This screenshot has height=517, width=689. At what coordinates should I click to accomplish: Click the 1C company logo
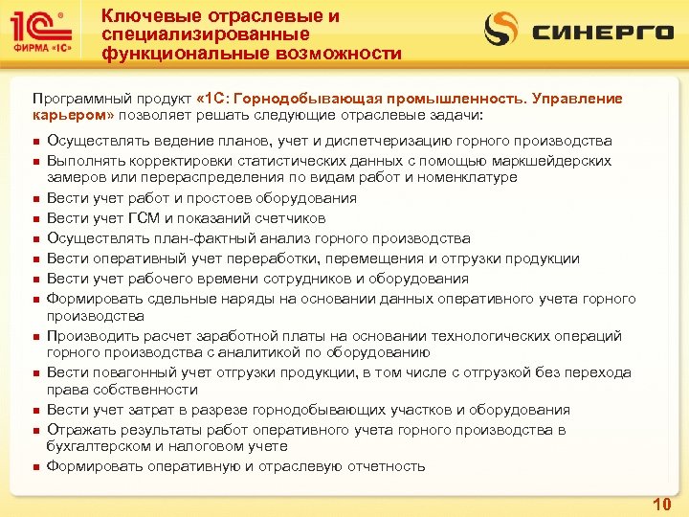point(43,29)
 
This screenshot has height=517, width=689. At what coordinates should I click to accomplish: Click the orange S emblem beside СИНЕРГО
point(500,30)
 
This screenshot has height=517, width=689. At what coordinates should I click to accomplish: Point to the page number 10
point(660,503)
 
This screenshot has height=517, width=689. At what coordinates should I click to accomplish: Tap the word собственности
point(137,390)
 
